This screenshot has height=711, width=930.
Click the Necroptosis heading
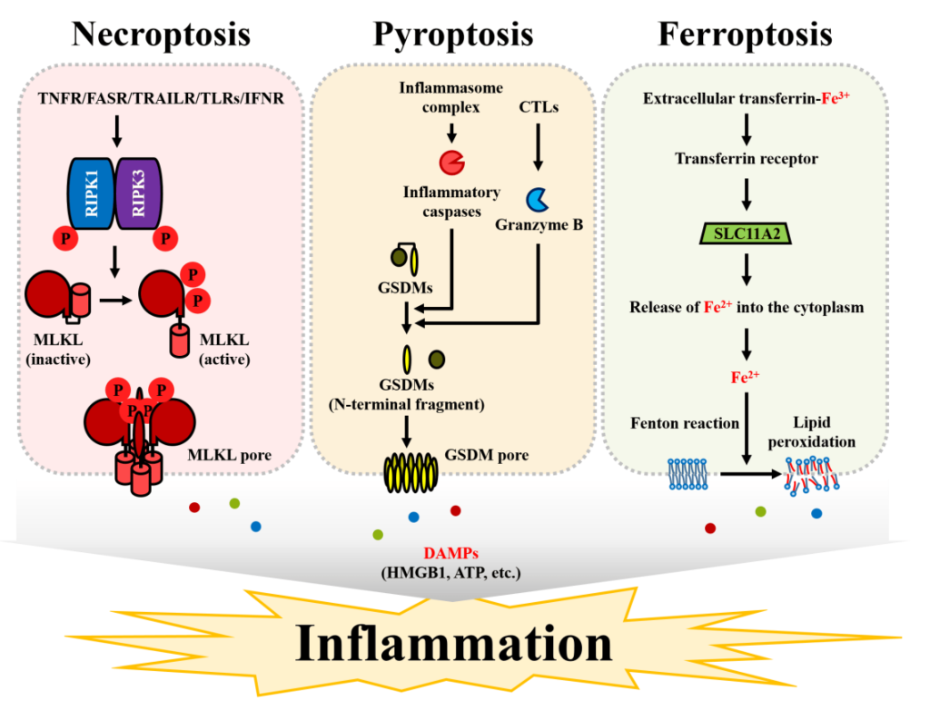tap(161, 34)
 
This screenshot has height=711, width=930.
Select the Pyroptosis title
tap(452, 34)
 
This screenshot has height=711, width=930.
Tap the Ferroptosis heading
tap(745, 34)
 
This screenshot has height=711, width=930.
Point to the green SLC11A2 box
tap(746, 233)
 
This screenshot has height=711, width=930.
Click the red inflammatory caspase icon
tap(450, 162)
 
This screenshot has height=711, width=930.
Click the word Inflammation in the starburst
tap(454, 644)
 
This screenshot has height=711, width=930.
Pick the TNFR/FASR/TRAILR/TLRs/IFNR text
tap(161, 97)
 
